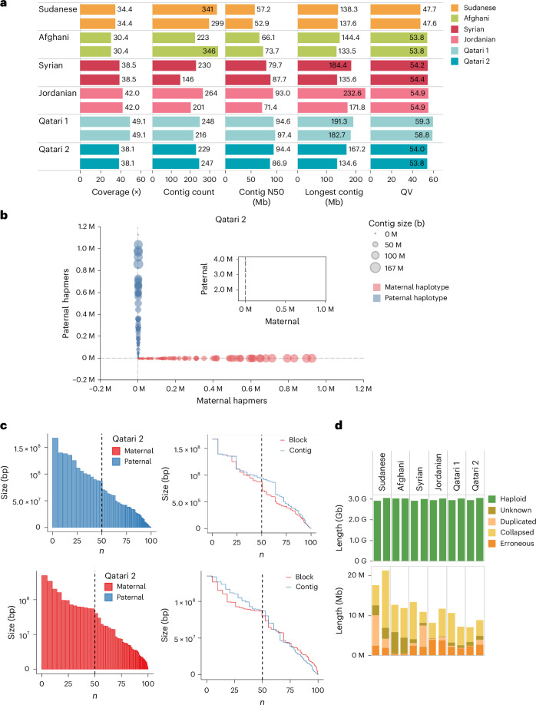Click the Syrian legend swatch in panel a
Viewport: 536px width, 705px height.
coord(454,28)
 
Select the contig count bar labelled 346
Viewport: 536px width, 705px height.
coord(185,51)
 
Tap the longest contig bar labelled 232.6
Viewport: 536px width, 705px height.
coord(332,93)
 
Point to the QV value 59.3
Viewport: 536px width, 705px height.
coord(422,121)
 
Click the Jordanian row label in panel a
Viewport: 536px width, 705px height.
coord(58,93)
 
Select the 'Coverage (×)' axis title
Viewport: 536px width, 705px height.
coord(116,192)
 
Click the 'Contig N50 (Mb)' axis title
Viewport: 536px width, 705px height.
coord(261,197)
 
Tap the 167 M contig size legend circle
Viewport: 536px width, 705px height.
coord(375,268)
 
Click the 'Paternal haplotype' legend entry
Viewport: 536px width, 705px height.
coord(410,298)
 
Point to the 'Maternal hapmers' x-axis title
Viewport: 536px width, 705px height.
coord(232,401)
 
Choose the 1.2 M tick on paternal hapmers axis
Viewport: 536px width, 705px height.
coord(86,226)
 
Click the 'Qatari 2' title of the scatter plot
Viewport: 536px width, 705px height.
coord(230,220)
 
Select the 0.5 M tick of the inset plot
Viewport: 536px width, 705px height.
coord(286,309)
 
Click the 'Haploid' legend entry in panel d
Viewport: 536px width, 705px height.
coord(507,498)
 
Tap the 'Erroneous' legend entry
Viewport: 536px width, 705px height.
coord(511,543)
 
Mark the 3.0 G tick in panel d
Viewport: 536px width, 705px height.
coord(358,498)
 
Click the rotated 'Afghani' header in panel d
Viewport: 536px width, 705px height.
coord(401,475)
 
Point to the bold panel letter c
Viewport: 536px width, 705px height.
coord(4,425)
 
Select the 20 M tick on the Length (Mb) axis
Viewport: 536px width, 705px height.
coord(356,575)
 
